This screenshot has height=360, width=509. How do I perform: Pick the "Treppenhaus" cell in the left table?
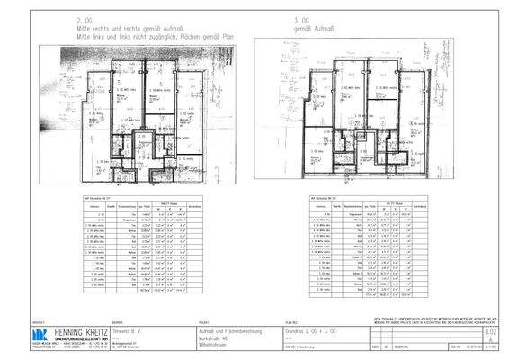pyautogui.click(x=130, y=219)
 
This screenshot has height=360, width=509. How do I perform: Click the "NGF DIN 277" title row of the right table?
pyautogui.click(x=324, y=196)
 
